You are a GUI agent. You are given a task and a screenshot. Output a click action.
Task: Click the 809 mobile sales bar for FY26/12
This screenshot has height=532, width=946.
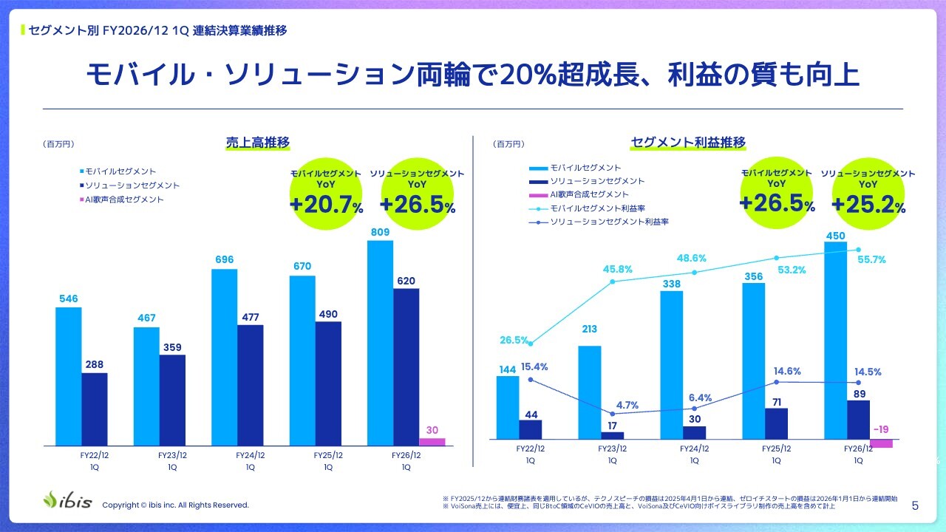point(380,343)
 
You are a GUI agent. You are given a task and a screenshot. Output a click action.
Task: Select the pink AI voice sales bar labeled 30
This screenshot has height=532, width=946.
point(432,442)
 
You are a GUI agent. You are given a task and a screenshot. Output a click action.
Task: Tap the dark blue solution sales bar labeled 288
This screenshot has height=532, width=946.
point(95,409)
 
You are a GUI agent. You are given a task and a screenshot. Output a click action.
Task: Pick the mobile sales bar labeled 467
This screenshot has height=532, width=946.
point(146,386)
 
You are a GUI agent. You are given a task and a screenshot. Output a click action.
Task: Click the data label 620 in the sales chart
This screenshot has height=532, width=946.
point(406,281)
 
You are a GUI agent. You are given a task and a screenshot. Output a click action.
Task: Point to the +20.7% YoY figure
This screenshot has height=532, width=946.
point(326,205)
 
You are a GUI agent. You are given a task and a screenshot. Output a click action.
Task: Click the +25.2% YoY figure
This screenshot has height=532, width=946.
point(868,205)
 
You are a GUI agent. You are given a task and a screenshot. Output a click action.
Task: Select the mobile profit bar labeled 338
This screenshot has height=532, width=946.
point(672,365)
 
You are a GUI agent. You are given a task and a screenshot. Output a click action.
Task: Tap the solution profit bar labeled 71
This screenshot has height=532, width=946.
point(776,423)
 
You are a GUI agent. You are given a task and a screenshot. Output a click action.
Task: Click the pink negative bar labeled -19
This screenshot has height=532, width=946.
point(882,443)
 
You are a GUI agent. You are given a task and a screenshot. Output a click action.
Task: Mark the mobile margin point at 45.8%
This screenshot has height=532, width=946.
point(613,282)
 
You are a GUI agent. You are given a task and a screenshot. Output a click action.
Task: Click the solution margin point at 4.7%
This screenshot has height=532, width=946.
point(613,414)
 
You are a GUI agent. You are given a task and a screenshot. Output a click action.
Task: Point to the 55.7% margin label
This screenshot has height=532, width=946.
point(871,259)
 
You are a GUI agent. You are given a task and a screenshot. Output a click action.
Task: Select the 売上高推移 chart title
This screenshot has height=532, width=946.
point(258,143)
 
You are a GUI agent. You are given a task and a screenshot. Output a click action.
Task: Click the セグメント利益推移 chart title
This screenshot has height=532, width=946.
point(688,143)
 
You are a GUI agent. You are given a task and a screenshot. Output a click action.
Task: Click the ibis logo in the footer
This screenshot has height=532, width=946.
point(67,500)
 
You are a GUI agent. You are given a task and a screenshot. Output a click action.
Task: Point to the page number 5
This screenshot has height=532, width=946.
point(915,506)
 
